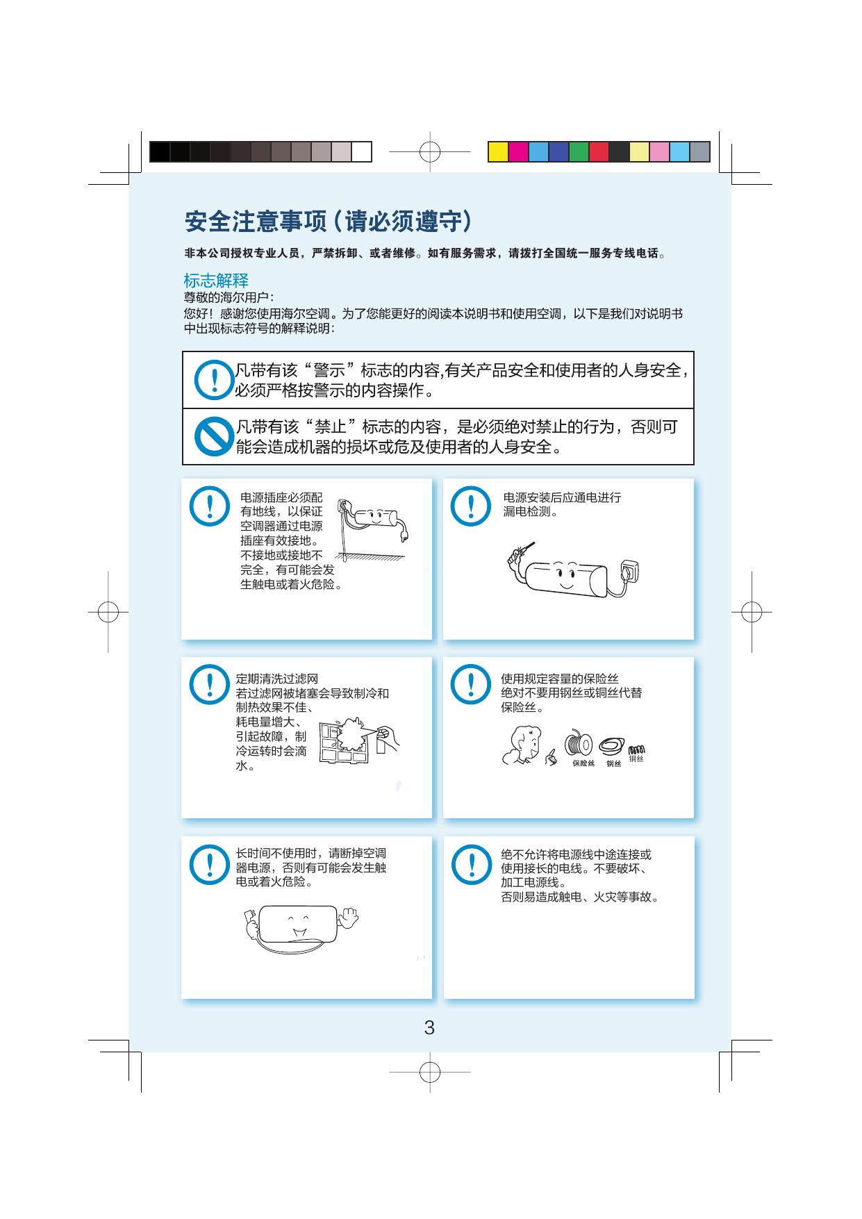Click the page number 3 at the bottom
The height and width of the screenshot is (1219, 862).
[429, 1028]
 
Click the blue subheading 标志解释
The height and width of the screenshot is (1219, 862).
[216, 281]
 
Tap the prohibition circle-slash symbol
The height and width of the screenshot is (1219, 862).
[213, 436]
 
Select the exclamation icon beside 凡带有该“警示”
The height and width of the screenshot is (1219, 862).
[213, 379]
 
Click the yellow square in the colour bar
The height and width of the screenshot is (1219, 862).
[498, 151]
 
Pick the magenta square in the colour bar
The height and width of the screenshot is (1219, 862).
[518, 151]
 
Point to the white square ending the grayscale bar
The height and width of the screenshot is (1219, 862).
[361, 151]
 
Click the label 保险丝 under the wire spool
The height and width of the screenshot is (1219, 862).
[583, 763]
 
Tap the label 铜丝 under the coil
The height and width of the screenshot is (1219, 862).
[636, 759]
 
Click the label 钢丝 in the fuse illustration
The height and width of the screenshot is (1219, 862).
[614, 764]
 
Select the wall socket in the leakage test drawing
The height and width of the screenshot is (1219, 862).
[626, 571]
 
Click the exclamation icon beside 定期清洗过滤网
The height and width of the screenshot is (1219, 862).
[208, 684]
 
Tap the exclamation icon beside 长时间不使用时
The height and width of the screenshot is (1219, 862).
[208, 864]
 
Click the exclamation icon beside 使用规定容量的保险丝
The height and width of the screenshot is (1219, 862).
[472, 684]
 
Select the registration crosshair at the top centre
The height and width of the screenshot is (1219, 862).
[430, 151]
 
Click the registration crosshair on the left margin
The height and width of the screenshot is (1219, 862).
[108, 612]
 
